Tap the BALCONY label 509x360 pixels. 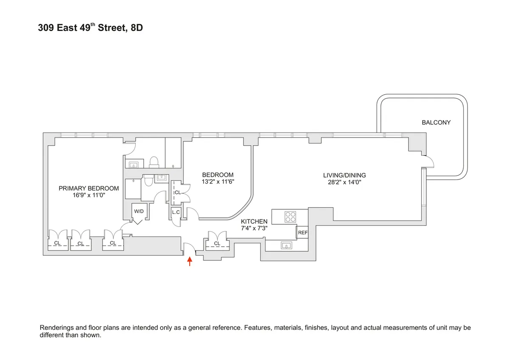pos(436,122)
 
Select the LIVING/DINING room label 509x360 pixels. pos(344,175)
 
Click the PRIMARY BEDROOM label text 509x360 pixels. pos(88,188)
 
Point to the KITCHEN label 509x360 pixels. pos(254,222)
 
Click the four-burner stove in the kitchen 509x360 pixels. pos(290,217)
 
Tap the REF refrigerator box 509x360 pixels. pos(302,233)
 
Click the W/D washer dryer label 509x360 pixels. pos(139,211)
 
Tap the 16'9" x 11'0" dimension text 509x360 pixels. pos(88,196)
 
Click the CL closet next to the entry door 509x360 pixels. pos(217,243)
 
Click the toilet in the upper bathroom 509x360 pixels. pos(154,162)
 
